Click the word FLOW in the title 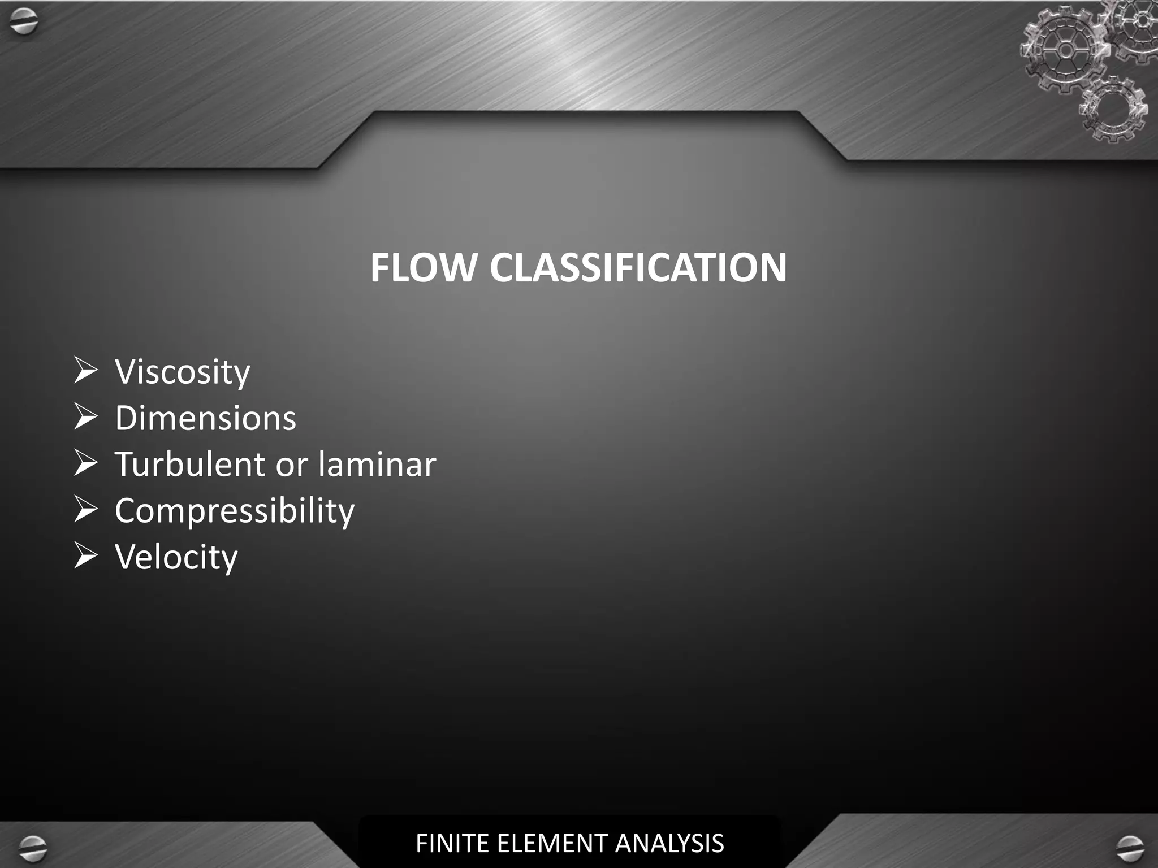click(x=423, y=267)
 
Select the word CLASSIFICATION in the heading click(x=638, y=267)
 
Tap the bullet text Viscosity click(x=182, y=372)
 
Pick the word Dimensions click(x=205, y=418)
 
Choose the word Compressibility click(x=235, y=511)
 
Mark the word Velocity click(x=176, y=557)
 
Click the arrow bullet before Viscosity click(x=86, y=371)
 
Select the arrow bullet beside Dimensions click(x=86, y=417)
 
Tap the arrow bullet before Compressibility click(x=86, y=510)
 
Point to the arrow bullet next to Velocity click(x=86, y=556)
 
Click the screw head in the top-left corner click(x=24, y=23)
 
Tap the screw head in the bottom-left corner click(x=32, y=847)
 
